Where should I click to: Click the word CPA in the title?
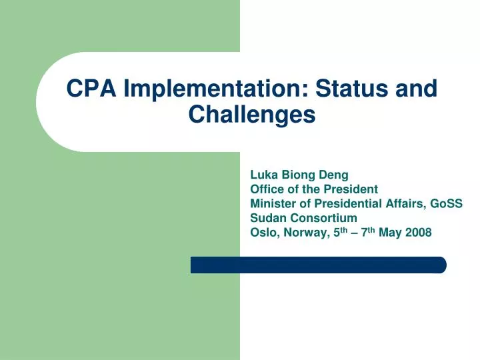point(91,89)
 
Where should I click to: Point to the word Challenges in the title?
point(251,115)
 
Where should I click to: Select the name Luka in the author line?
point(262,175)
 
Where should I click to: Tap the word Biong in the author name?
point(292,175)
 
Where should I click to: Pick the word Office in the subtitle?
point(265,189)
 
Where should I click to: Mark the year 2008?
point(419,233)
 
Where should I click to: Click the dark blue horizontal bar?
point(318,265)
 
